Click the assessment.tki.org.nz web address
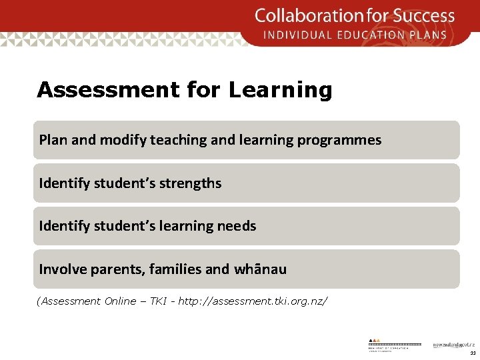pos(253,301)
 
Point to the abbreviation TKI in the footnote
pos(158,301)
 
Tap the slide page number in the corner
pos(472,353)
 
